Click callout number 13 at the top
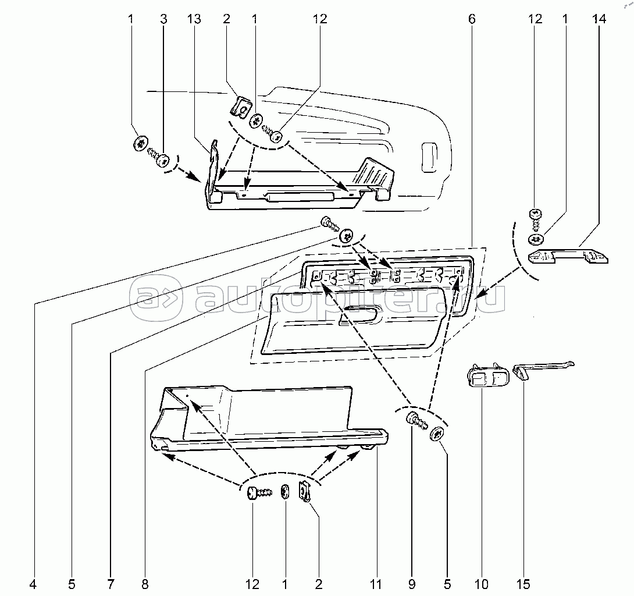click(x=194, y=19)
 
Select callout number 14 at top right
click(x=599, y=19)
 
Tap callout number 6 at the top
click(x=472, y=19)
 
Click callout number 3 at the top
click(x=163, y=19)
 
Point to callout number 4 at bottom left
click(x=33, y=584)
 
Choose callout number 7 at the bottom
click(x=111, y=584)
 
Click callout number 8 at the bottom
click(x=145, y=584)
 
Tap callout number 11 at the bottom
click(x=376, y=584)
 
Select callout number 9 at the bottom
click(x=412, y=584)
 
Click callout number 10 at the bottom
click(x=482, y=584)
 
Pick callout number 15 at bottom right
click(x=523, y=584)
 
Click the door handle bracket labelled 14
click(x=568, y=257)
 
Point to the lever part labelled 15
click(x=543, y=369)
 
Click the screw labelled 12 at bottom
click(x=259, y=493)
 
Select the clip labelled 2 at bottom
click(x=305, y=492)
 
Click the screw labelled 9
click(x=416, y=421)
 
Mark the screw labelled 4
click(x=329, y=223)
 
